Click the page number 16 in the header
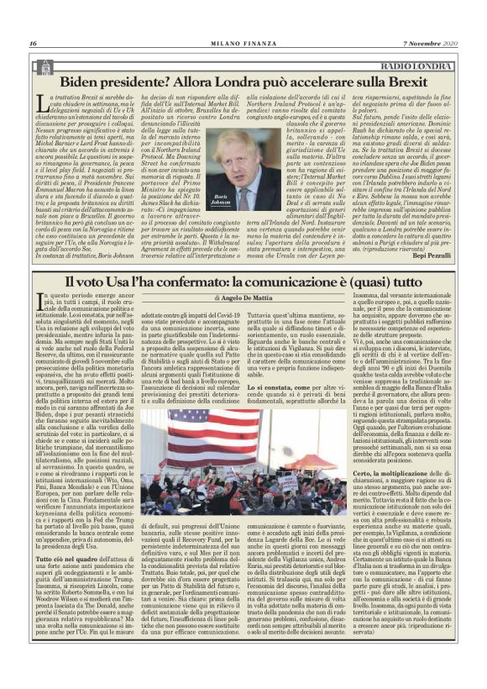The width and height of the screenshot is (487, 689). (33, 43)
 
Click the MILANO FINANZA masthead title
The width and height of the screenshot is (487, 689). (244, 43)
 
